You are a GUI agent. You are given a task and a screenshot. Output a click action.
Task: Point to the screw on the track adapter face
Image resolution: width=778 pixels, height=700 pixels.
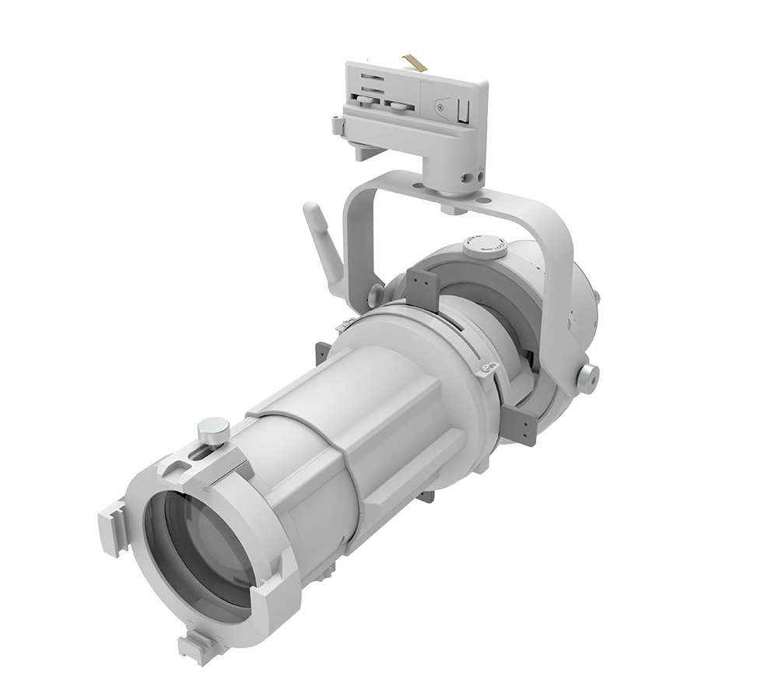442,102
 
